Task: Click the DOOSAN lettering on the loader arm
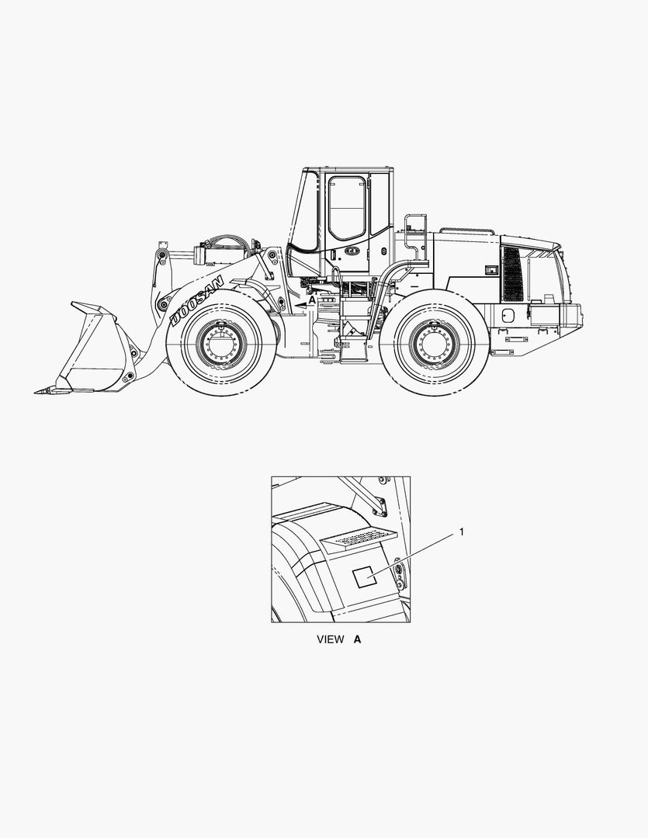click(x=196, y=300)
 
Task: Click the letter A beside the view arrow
click(x=312, y=300)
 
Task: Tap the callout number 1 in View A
click(x=462, y=532)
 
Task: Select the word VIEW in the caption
click(x=331, y=639)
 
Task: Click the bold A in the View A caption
click(x=357, y=639)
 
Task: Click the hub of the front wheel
click(x=221, y=343)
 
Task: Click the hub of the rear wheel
click(x=434, y=343)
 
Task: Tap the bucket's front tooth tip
click(x=35, y=393)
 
